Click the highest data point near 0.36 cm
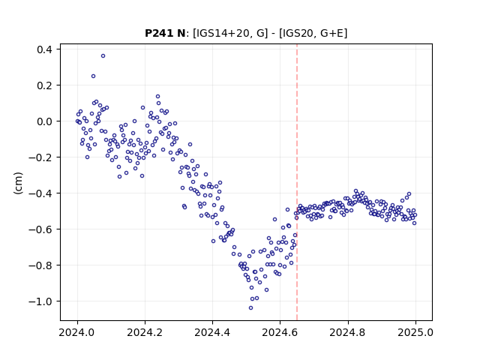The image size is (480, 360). click(x=103, y=56)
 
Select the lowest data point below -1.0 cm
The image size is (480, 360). click(x=250, y=308)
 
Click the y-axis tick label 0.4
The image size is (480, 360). click(x=44, y=49)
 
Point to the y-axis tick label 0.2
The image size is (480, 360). click(x=44, y=85)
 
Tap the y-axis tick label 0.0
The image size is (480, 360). click(x=44, y=121)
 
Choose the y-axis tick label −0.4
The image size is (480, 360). click(x=40, y=193)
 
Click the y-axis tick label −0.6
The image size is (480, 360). click(x=40, y=229)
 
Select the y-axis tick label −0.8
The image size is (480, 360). click(x=40, y=265)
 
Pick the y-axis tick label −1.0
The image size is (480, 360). click(x=40, y=301)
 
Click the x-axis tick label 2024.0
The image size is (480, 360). click(x=77, y=332)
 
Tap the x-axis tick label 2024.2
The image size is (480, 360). click(x=145, y=332)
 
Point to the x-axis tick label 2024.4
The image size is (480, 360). click(x=212, y=332)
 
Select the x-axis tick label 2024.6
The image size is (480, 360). click(x=280, y=332)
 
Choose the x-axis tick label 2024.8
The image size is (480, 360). click(x=348, y=332)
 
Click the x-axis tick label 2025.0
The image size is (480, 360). click(x=415, y=332)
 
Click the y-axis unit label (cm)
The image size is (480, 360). click(x=18, y=183)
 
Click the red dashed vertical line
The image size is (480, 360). click(x=297, y=182)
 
